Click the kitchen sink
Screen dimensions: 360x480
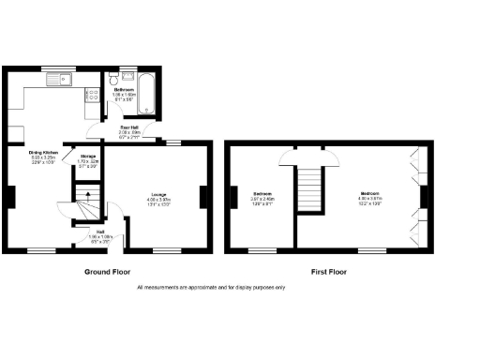pyautogui.click(x=64, y=80)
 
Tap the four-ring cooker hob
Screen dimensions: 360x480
pyautogui.click(x=92, y=95)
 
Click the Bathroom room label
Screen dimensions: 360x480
pyautogui.click(x=125, y=90)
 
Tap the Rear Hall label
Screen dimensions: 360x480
pyautogui.click(x=131, y=128)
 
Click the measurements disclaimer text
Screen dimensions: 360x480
pyautogui.click(x=211, y=287)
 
